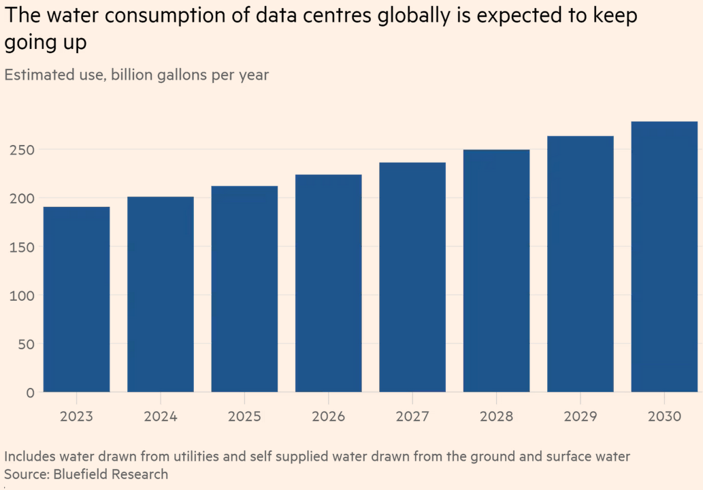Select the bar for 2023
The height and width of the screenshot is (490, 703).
tap(76, 299)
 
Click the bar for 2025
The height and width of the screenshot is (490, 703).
tap(244, 289)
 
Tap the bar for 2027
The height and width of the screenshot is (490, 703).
tap(412, 277)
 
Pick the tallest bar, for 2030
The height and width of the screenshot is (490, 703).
tap(664, 257)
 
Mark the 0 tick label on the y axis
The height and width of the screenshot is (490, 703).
tap(29, 393)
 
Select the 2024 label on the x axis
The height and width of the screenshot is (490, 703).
tap(161, 416)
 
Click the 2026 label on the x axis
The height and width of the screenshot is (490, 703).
tap(329, 416)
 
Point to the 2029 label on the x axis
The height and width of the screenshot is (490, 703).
tap(581, 416)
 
